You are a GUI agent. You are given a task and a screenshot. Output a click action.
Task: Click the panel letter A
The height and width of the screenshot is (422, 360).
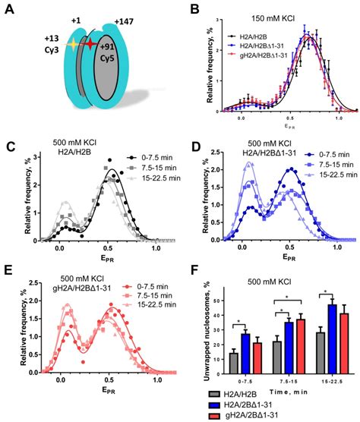[x=9, y=8]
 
